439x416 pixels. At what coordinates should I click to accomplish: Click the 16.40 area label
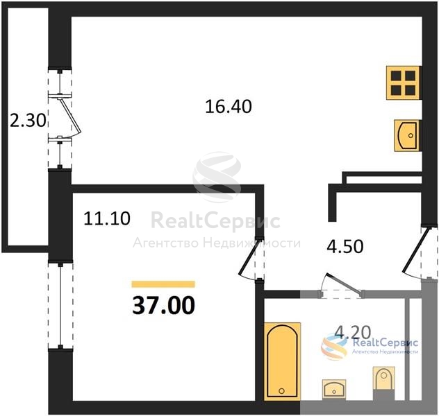229,107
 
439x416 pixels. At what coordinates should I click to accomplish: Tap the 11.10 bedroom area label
107,218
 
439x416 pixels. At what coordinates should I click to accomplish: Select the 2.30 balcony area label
28,121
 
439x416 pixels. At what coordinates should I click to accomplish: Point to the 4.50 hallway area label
345,246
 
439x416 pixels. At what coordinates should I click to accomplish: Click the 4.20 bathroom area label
353,333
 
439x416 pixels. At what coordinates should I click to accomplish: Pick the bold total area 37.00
163,305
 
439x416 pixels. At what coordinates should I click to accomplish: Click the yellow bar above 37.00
163,284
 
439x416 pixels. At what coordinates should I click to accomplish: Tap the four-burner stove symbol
403,83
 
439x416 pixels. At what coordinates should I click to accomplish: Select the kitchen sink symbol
406,135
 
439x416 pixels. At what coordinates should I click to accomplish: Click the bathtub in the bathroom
282,361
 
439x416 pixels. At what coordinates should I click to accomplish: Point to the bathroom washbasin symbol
334,389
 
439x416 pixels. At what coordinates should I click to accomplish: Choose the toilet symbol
383,380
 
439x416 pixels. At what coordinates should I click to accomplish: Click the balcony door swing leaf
70,115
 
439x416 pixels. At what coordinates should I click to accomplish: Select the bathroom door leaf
345,284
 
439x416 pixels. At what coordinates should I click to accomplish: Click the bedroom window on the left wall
60,306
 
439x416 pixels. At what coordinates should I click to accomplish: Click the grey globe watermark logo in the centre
217,177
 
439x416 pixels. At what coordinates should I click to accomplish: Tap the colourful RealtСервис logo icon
335,347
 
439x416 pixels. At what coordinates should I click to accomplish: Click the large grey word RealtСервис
215,221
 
